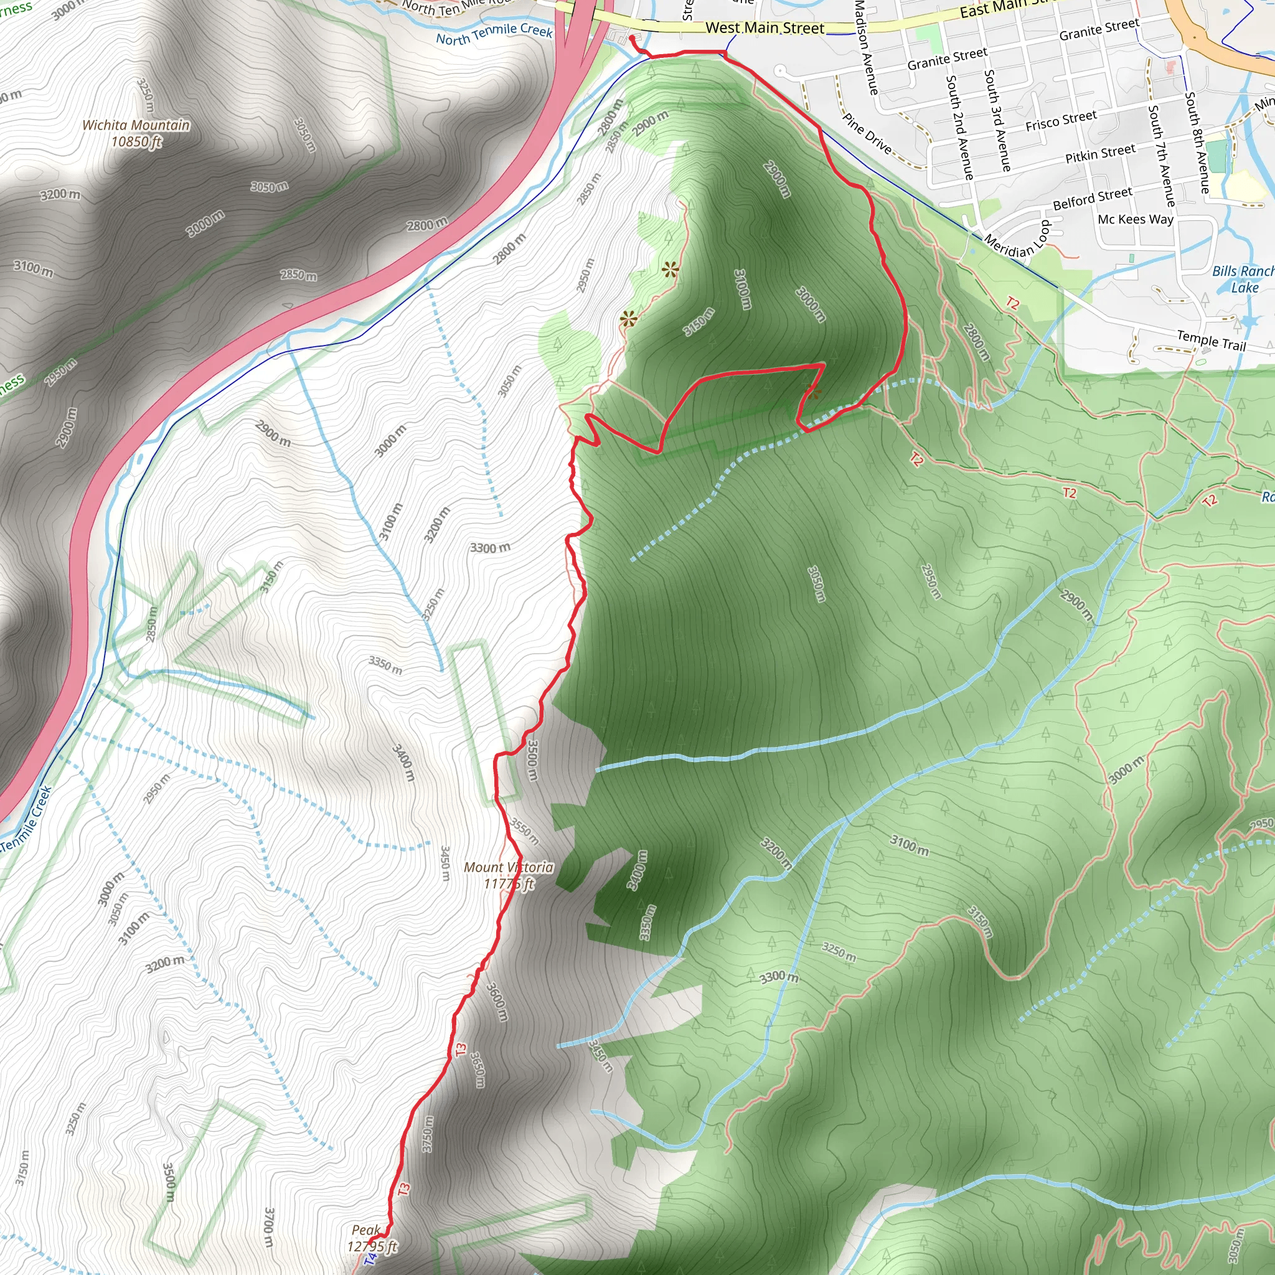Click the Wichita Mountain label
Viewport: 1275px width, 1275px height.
coord(136,125)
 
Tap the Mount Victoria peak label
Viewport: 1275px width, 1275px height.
coord(508,867)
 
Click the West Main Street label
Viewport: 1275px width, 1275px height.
coord(765,29)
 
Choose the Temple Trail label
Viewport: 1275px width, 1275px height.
coord(1211,341)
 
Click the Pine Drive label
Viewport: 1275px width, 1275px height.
coord(867,134)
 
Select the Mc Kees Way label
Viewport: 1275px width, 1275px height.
coord(1135,219)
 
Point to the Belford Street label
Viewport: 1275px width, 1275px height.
coord(1092,199)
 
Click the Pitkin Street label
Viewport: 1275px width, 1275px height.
coord(1100,154)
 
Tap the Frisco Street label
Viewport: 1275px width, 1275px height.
coord(1060,121)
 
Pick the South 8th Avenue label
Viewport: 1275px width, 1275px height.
coord(1197,143)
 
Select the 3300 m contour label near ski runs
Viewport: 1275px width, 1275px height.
coord(491,548)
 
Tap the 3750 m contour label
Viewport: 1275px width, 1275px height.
coord(428,1134)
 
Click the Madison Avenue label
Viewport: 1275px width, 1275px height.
coord(867,47)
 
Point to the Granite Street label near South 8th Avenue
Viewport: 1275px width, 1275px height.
coord(1099,30)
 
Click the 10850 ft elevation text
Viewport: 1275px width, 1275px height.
coord(136,142)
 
